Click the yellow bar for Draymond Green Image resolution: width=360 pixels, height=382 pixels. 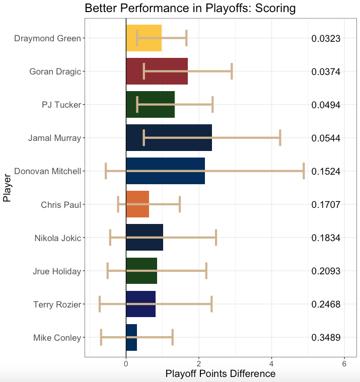[143, 38]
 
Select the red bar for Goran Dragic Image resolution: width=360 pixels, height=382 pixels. [157, 71]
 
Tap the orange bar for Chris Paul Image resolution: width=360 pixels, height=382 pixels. [137, 204]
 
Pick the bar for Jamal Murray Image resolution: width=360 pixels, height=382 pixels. [169, 138]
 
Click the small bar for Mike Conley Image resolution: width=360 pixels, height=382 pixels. [131, 338]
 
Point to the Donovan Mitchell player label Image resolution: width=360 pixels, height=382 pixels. [48, 171]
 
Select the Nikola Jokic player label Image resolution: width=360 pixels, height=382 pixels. [57, 238]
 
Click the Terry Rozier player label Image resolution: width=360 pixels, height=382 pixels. [57, 304]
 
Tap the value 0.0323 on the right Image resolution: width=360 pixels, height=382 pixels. [326, 38]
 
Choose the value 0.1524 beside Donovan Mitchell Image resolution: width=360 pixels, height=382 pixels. [326, 172]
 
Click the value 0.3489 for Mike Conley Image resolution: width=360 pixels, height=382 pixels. [326, 338]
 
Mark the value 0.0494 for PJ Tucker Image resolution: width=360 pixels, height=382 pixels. [326, 105]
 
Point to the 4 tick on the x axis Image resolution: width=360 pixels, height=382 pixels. [271, 363]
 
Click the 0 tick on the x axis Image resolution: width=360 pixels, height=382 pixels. [126, 363]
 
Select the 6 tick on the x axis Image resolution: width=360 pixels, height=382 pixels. [344, 363]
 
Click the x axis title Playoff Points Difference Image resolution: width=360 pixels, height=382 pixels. [221, 374]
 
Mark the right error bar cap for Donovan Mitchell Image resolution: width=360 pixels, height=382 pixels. [304, 171]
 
